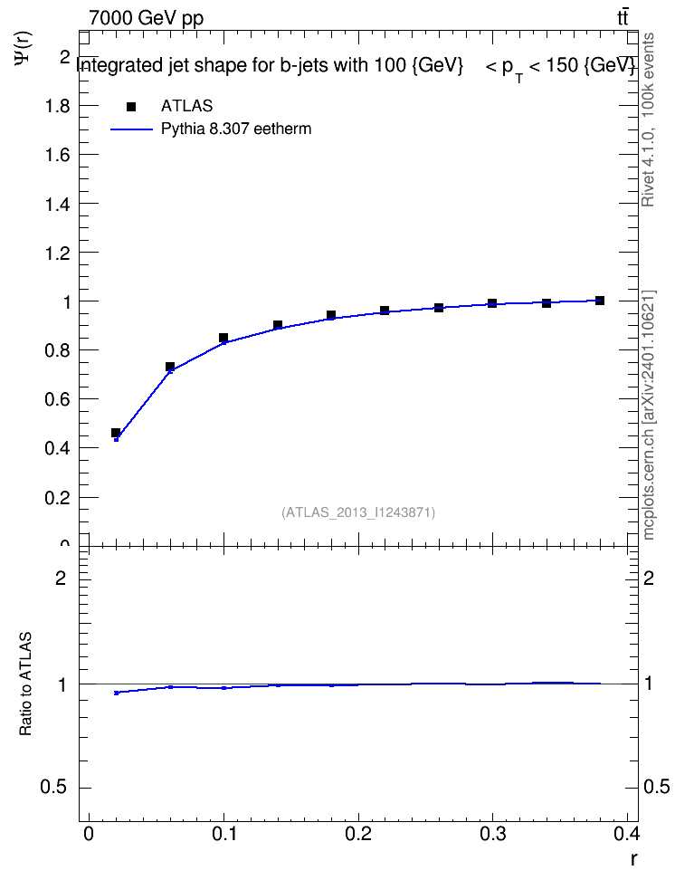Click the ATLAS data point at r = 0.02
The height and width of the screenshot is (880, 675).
click(x=116, y=433)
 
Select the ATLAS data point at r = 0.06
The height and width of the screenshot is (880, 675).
click(x=170, y=367)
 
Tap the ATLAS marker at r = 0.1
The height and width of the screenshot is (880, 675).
click(x=223, y=338)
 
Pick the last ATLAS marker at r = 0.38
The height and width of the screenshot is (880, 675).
click(x=600, y=301)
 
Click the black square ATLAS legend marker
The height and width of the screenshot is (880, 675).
click(x=131, y=107)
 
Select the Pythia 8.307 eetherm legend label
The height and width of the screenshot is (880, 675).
click(x=236, y=129)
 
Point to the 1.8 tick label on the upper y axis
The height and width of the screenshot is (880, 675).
click(x=57, y=106)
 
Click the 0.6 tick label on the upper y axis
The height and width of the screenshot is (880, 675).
click(x=57, y=399)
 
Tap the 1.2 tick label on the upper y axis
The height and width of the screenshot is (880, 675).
click(x=57, y=253)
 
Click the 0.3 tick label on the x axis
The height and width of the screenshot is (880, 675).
click(x=493, y=834)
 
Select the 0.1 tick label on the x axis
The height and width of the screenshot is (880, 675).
click(x=223, y=834)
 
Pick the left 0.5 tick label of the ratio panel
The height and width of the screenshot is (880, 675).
click(x=53, y=788)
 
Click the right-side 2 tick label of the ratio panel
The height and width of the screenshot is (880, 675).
click(x=649, y=578)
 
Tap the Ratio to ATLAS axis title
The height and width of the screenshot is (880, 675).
click(x=26, y=684)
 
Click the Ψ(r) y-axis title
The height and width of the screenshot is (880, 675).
click(x=24, y=48)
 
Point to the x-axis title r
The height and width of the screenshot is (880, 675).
click(x=633, y=858)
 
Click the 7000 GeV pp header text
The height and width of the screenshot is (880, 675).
click(x=146, y=18)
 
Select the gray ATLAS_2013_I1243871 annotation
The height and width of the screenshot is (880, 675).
click(x=358, y=512)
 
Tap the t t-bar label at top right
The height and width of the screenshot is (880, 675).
click(x=623, y=17)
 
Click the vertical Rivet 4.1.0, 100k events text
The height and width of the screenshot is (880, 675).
click(x=648, y=120)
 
